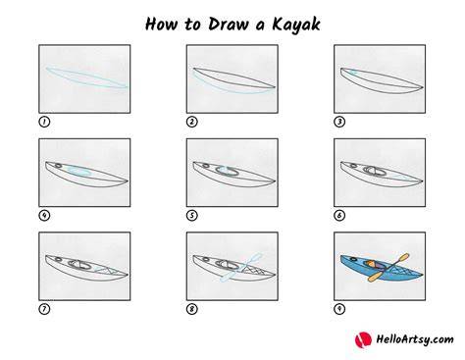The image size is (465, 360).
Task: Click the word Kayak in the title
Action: [x=296, y=25]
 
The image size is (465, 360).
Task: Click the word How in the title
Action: [x=161, y=25]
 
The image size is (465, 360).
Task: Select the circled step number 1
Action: [x=44, y=122]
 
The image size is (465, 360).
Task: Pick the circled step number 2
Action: [x=192, y=122]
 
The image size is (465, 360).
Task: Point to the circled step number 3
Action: [x=339, y=122]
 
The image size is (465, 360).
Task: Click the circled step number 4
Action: [x=44, y=216]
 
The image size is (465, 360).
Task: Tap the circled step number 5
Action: [x=192, y=216]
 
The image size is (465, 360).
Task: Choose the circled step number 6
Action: [x=339, y=216]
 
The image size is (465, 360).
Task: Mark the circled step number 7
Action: [x=44, y=309]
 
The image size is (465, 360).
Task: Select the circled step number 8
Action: [x=192, y=309]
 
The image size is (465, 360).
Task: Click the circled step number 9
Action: [x=339, y=309]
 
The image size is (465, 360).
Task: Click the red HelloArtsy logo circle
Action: [x=363, y=340]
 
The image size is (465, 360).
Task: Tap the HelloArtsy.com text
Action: [x=415, y=339]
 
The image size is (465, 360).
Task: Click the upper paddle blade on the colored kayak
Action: [x=402, y=258]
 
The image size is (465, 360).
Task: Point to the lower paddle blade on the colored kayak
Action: [x=375, y=277]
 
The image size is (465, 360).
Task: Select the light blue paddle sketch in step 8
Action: [x=241, y=267]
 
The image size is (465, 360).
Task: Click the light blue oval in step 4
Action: [x=78, y=171]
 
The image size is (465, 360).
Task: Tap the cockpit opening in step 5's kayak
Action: [x=228, y=171]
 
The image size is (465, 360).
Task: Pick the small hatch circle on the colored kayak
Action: [x=354, y=259]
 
